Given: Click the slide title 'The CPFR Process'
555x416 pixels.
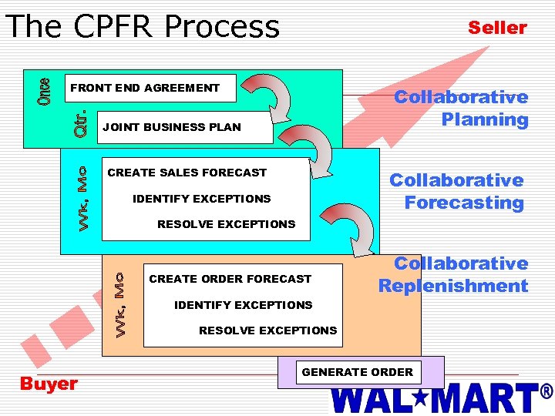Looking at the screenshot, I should pyautogui.click(x=142, y=26).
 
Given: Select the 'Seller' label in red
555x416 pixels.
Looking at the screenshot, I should pyautogui.click(x=497, y=28).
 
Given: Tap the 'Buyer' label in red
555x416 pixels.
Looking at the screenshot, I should pyautogui.click(x=49, y=384).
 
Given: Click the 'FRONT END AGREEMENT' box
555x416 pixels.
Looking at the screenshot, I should pyautogui.click(x=145, y=88).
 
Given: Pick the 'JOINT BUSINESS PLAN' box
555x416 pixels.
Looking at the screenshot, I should pyautogui.click(x=172, y=127).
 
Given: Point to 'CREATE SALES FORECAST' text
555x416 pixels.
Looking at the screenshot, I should pyautogui.click(x=187, y=173).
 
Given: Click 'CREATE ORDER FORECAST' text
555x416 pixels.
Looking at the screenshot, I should pyautogui.click(x=230, y=279).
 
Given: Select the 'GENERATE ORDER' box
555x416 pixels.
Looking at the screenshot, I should pyautogui.click(x=358, y=372).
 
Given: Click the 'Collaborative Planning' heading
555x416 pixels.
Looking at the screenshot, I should pyautogui.click(x=461, y=108).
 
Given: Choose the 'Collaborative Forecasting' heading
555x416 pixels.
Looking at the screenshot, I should pyautogui.click(x=456, y=191).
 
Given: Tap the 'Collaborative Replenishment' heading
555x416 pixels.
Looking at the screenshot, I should pyautogui.click(x=453, y=274).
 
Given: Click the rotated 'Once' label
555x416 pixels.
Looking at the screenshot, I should pyautogui.click(x=46, y=92).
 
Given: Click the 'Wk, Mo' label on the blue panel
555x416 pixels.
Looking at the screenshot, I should pyautogui.click(x=87, y=196).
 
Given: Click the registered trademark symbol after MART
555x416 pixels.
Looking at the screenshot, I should pyautogui.click(x=547, y=391).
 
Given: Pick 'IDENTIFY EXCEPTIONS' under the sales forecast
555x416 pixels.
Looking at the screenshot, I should pyautogui.click(x=201, y=199).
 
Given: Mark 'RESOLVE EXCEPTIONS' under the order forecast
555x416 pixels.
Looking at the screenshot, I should pyautogui.click(x=267, y=330).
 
